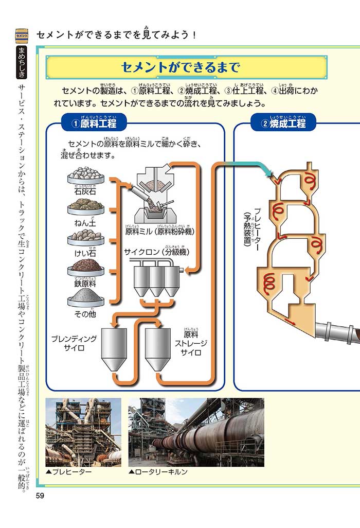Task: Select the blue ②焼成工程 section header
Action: [x=283, y=124]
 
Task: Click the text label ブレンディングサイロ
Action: [x=74, y=343]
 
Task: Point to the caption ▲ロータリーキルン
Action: [x=158, y=471]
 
